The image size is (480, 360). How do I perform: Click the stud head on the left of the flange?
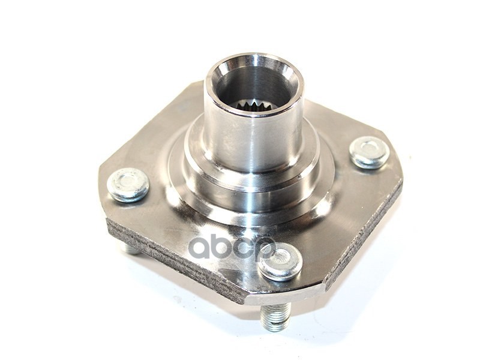coord(128,184)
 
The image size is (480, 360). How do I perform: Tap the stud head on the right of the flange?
coord(369,152)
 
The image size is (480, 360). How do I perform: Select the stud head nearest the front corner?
coord(280,261)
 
